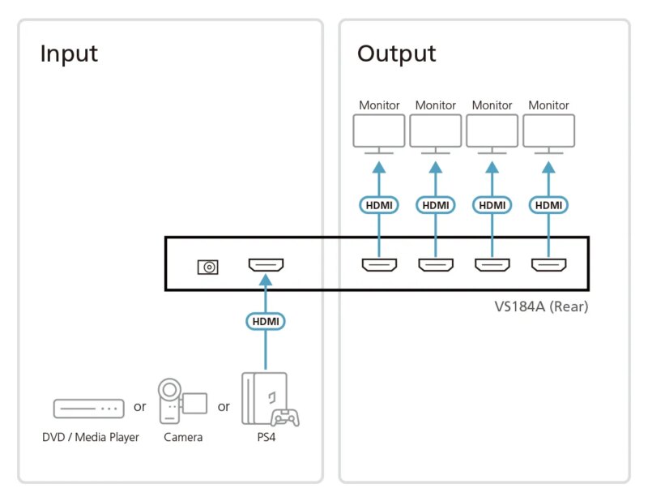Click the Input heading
coord(69,54)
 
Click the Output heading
coord(396,54)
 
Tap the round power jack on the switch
coord(208,266)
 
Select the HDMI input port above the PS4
coord(265,265)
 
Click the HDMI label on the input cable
coord(265,321)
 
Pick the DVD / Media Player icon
coord(88,408)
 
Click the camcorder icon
coord(180,400)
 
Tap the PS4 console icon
coord(264,397)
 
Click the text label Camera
coord(183,438)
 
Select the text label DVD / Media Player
coord(91,438)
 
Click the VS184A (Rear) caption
coord(541,306)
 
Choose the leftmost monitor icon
coord(378,132)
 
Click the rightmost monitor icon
coord(548,132)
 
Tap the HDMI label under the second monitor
coord(435,205)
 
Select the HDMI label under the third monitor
coord(492,205)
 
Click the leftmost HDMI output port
coord(378,264)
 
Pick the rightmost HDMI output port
coord(548,264)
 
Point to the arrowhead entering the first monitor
coord(378,167)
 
